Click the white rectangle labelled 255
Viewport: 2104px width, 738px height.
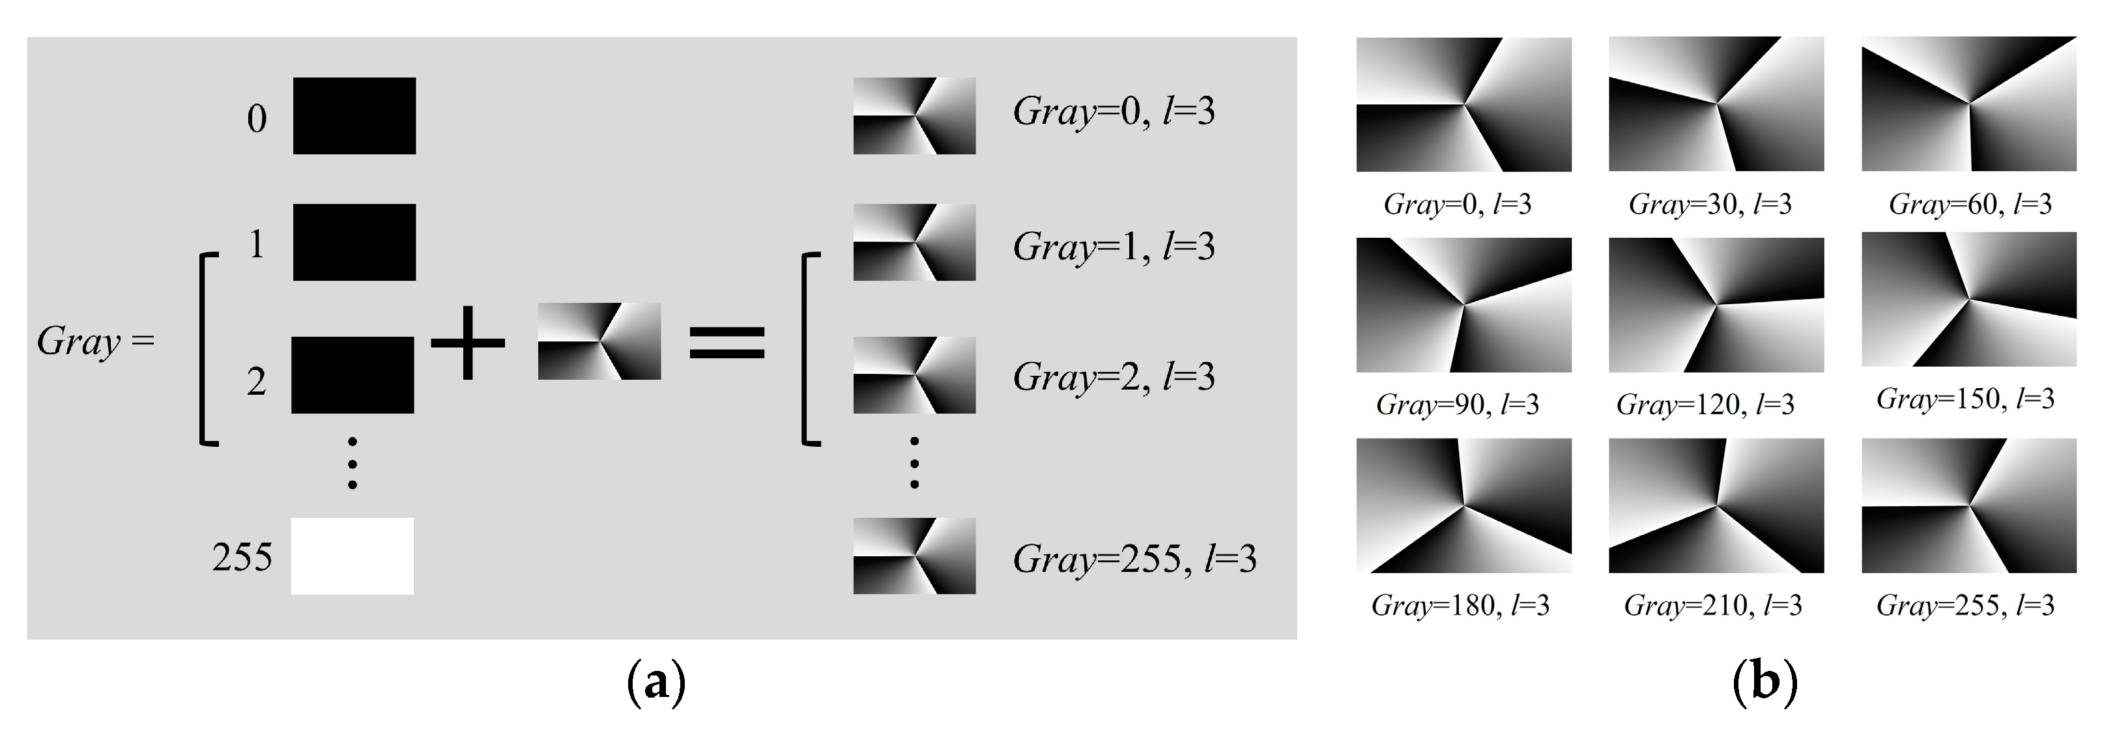pyautogui.click(x=352, y=556)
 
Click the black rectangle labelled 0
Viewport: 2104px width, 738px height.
pyautogui.click(x=354, y=116)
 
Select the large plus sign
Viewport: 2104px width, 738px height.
pyautogui.click(x=467, y=342)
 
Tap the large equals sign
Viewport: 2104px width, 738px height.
pyautogui.click(x=727, y=342)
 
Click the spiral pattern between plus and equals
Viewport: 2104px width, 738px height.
pyautogui.click(x=599, y=341)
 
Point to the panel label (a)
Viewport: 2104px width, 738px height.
pyautogui.click(x=655, y=684)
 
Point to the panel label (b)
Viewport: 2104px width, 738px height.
pyautogui.click(x=1765, y=684)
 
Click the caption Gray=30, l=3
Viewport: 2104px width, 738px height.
pyautogui.click(x=1710, y=204)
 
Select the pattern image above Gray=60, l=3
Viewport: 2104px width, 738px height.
pyautogui.click(x=1968, y=104)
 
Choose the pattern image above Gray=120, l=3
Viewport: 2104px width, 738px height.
pyautogui.click(x=1716, y=304)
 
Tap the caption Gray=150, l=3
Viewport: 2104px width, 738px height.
pyautogui.click(x=1965, y=399)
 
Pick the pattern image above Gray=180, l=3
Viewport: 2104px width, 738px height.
pyautogui.click(x=1463, y=505)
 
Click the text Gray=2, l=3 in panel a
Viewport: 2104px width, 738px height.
pyautogui.click(x=1114, y=376)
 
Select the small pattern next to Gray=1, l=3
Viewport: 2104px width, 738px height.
pyautogui.click(x=914, y=242)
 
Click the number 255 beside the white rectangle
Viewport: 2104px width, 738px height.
pyautogui.click(x=242, y=558)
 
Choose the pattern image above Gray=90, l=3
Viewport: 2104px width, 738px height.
pyautogui.click(x=1463, y=304)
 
